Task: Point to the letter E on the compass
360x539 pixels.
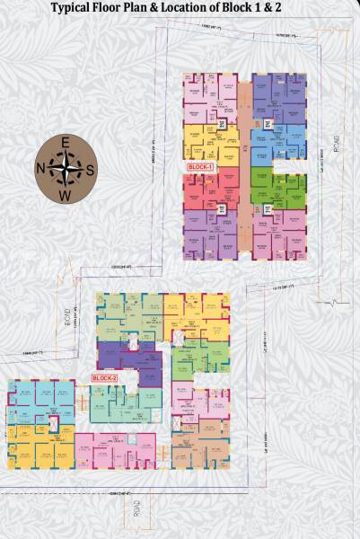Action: pos(64,141)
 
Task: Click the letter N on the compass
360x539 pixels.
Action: pos(39,167)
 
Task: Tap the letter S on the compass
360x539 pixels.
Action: pos(89,167)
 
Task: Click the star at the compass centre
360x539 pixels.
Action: pos(64,167)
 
